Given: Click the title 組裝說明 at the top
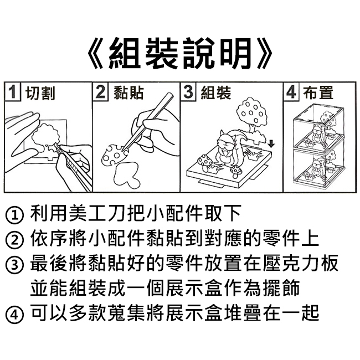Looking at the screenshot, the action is tap(180, 53).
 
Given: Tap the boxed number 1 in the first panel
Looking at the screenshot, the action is tap(13, 92).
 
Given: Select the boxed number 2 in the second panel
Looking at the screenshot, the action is tap(100, 92).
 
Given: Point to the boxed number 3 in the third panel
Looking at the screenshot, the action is tap(188, 92).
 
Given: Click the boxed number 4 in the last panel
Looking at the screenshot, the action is tap(291, 92).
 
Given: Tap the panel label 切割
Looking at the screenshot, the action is tap(40, 92).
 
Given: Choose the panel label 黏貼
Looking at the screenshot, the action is tap(128, 92).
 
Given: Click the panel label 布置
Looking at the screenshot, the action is tap(318, 92).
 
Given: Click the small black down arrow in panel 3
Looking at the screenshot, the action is tap(271, 144).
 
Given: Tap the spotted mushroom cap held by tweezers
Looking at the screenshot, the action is tap(114, 156).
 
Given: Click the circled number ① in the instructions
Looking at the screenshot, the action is tap(14, 215).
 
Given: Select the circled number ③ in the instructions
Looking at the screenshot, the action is tap(14, 265).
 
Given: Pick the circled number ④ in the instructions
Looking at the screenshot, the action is tap(14, 315).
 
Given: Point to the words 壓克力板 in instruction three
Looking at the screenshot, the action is tap(300, 263).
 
